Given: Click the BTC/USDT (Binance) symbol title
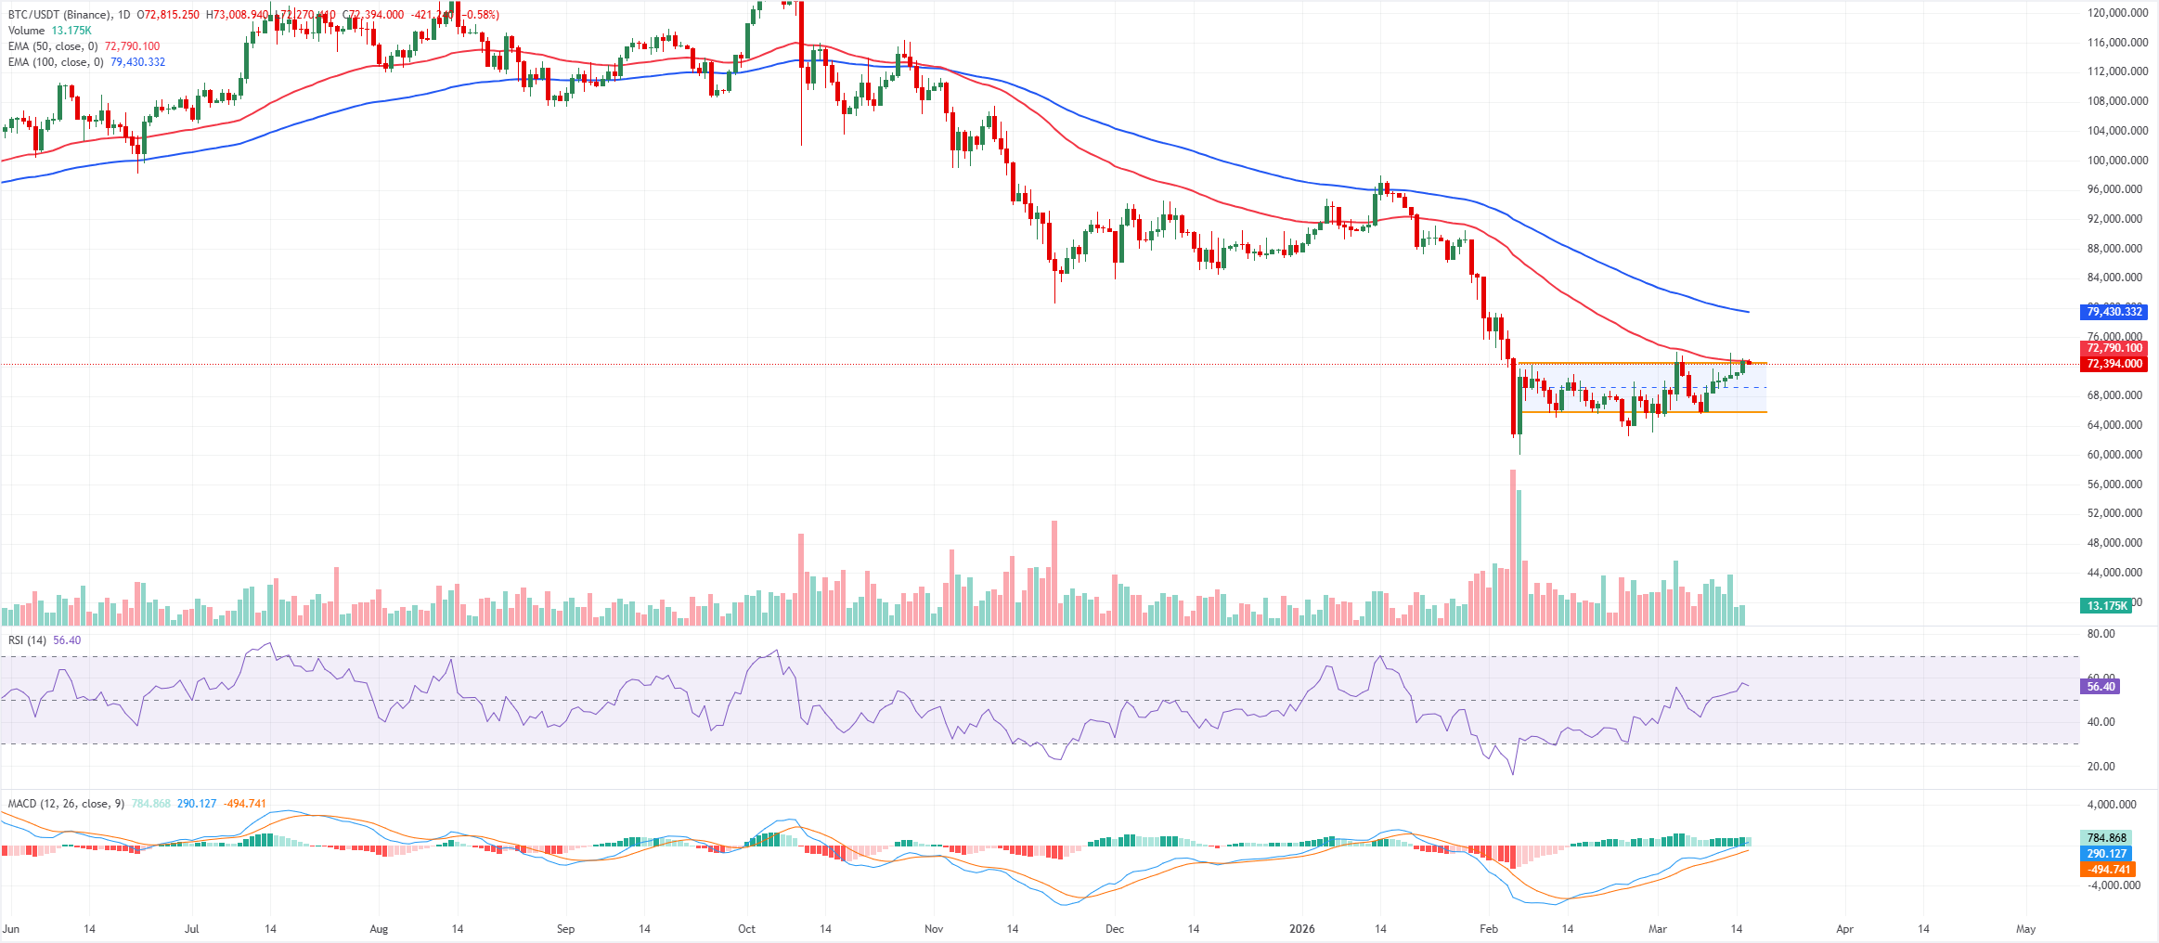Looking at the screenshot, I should (59, 15).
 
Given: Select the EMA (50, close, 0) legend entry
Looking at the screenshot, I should (52, 46).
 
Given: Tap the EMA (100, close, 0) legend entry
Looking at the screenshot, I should (55, 62).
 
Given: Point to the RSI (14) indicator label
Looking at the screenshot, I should (27, 640).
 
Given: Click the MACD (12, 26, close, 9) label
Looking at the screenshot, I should (66, 804).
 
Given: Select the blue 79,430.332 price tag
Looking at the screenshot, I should (2114, 312).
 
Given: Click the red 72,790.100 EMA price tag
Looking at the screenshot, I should (2114, 348).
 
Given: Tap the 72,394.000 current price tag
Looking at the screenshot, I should (2114, 364).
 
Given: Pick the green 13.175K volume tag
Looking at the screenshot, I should (2107, 606).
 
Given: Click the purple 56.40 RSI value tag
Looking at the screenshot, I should (2101, 687).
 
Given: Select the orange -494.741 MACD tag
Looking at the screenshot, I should (2108, 870).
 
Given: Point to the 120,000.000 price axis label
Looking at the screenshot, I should (2117, 13).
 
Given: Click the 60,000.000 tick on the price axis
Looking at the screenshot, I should (2114, 455).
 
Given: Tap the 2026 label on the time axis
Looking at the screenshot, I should (1301, 929).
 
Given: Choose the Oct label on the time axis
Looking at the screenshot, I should (746, 929).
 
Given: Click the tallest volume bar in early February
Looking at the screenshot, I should (1513, 548).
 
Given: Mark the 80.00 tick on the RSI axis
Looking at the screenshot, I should (2101, 634).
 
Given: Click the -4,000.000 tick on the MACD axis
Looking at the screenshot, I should (2113, 885).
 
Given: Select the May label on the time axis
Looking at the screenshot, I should (2025, 929).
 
